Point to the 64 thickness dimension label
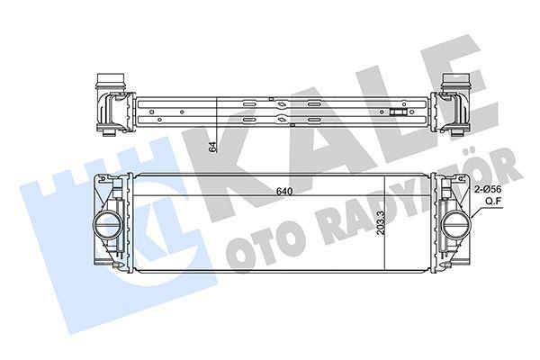[x=212, y=148]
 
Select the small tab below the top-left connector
[x=110, y=132]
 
